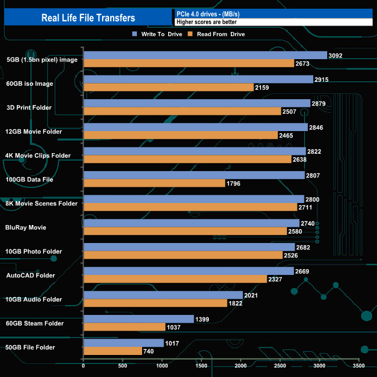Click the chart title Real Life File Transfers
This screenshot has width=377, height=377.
[88, 17]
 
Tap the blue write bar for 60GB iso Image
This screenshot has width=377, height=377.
[198, 79]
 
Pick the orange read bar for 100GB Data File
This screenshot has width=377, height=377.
[154, 183]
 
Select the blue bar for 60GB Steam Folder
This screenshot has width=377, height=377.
[139, 319]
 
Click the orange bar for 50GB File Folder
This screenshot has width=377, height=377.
[113, 351]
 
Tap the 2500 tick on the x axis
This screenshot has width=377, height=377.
[280, 366]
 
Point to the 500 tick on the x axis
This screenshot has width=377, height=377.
[123, 366]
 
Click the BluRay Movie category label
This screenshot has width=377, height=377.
[26, 227]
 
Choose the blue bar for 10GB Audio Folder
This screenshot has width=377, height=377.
[163, 295]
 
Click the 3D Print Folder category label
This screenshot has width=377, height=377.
[29, 107]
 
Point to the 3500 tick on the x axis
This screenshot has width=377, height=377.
[359, 366]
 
